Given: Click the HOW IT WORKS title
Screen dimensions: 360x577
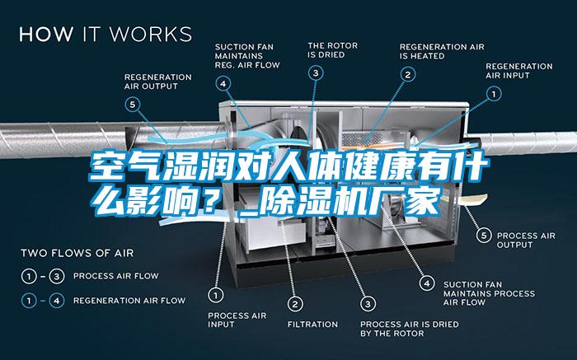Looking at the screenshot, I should [105, 35].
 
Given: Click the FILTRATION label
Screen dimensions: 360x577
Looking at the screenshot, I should [312, 324].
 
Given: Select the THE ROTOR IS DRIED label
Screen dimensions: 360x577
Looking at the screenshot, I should [327, 50].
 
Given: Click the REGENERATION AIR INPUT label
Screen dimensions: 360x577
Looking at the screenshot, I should [518, 70].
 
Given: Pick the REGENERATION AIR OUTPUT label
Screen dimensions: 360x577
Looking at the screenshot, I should [157, 82].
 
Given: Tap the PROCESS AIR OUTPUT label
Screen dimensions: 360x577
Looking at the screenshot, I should [526, 239].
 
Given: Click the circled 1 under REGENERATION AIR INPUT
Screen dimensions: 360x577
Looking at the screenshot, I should [494, 95].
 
